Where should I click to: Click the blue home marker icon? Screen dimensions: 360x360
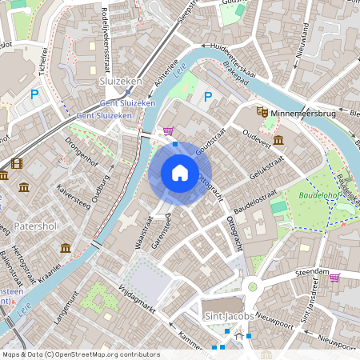coord(180,173)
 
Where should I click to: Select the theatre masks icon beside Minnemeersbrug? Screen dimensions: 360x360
coord(262,114)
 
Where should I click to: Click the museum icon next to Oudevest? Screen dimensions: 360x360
coord(278,141)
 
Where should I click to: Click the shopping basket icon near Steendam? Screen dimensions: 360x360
coord(334,278)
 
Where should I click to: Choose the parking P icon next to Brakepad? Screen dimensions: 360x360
coord(208,97)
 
